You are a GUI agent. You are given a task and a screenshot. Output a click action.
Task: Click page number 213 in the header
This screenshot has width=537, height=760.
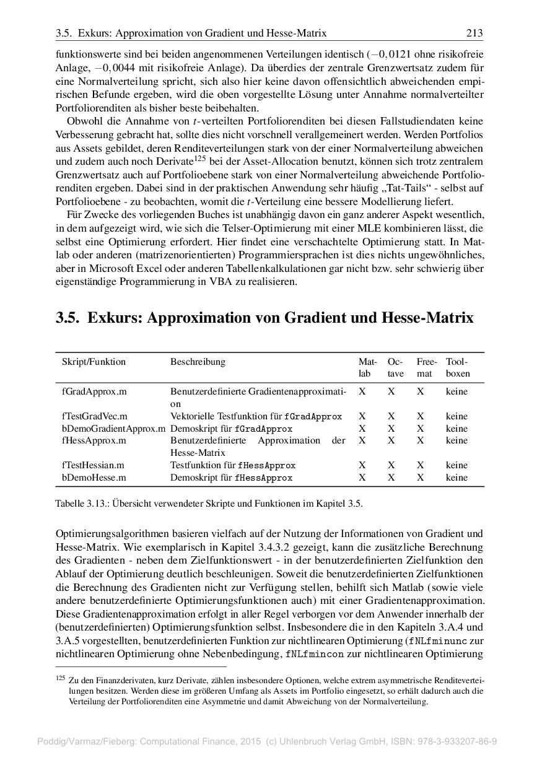(x=474, y=32)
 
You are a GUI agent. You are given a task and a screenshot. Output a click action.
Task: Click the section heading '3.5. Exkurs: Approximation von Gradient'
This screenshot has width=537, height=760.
(x=264, y=318)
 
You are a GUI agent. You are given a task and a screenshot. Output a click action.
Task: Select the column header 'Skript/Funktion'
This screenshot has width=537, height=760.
(x=94, y=362)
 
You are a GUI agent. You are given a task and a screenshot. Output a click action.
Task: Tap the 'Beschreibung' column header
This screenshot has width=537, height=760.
(x=198, y=362)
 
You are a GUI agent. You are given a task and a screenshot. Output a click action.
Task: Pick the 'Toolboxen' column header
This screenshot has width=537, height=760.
(x=458, y=367)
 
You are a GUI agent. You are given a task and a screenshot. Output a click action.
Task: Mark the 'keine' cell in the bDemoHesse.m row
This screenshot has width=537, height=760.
(x=456, y=478)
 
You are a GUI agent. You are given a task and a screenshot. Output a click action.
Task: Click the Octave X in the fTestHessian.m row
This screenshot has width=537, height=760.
(x=391, y=465)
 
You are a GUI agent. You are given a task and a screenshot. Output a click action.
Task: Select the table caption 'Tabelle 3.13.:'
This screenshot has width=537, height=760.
(x=81, y=504)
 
